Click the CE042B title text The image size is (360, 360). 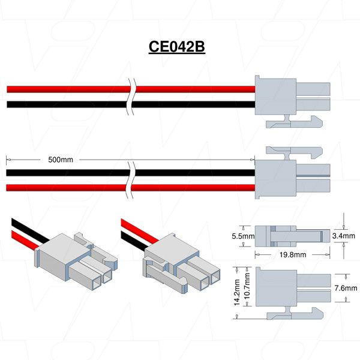pyautogui.click(x=177, y=47)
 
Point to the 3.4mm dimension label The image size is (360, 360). pyautogui.click(x=344, y=236)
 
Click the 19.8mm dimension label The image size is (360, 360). pyautogui.click(x=292, y=254)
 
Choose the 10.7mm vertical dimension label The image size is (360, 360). pyautogui.click(x=248, y=292)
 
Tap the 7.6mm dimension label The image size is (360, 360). pyautogui.click(x=344, y=289)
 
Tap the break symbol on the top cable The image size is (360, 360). pyautogui.click(x=132, y=97)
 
